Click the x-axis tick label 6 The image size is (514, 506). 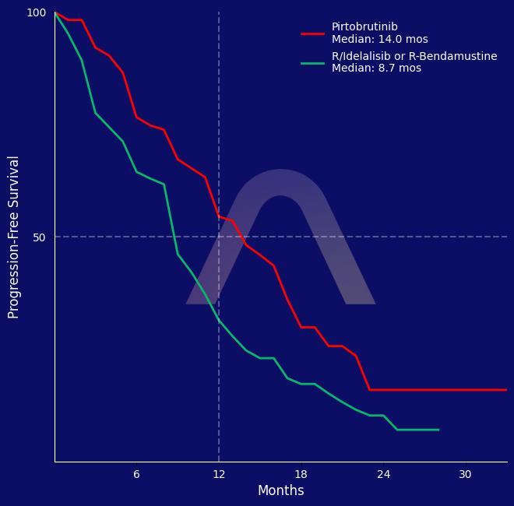coord(136,475)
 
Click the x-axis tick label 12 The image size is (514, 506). coord(219,475)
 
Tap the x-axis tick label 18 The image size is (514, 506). coord(301,475)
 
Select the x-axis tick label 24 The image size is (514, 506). coord(383,475)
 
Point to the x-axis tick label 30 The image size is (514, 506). coord(465,475)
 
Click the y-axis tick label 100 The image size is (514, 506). coord(37,12)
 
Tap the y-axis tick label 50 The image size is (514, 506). coord(39,237)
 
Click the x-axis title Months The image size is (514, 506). coord(280,490)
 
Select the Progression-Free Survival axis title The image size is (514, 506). coord(14,237)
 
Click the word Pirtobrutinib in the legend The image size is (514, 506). coord(364,27)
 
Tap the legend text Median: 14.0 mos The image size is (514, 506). coord(379,39)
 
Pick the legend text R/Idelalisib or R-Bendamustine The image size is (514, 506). coord(414,57)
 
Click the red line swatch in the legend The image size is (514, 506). coord(313,33)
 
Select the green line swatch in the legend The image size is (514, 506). coord(313,62)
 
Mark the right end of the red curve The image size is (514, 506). coord(506,390)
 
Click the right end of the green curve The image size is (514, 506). coord(438,430)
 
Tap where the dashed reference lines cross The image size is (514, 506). coord(219,237)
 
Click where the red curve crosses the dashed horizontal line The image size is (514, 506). coord(241,237)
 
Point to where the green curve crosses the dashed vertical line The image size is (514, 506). coord(219,320)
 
